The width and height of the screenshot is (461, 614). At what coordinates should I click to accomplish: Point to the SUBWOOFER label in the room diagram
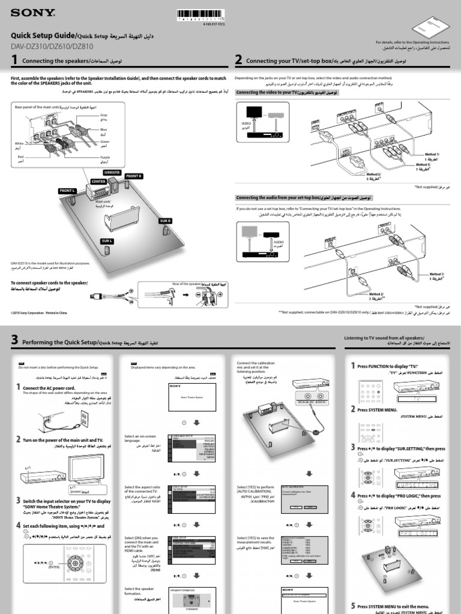[112, 172]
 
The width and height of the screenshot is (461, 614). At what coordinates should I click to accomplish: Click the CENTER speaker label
[99, 180]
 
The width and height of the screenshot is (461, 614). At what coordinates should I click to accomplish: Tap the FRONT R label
[133, 176]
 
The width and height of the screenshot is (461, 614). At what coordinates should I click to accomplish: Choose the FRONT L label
[67, 191]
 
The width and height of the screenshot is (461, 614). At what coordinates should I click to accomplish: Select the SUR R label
[166, 221]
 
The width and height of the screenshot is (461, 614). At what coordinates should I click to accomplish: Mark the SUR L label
[106, 240]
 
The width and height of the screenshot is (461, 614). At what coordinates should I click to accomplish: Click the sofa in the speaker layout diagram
[121, 219]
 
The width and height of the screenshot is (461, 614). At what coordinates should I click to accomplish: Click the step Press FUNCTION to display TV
[387, 366]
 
